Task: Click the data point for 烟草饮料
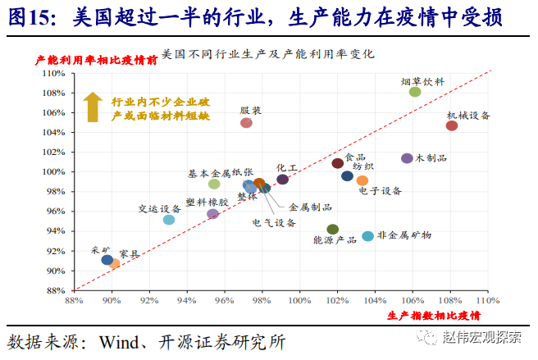pyautogui.click(x=415, y=92)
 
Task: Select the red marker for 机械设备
pyautogui.click(x=452, y=125)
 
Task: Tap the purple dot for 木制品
pyautogui.click(x=407, y=158)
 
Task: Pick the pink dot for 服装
pyautogui.click(x=246, y=123)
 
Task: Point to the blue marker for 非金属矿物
pyautogui.click(x=368, y=236)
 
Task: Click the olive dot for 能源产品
pyautogui.click(x=332, y=230)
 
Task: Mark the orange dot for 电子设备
pyautogui.click(x=362, y=180)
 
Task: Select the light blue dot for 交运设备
pyautogui.click(x=169, y=220)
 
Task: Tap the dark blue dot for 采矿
pyautogui.click(x=107, y=260)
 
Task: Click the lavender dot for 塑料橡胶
pyautogui.click(x=212, y=214)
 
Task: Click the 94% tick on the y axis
pyautogui.click(x=56, y=231)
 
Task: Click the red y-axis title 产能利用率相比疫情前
pyautogui.click(x=96, y=61)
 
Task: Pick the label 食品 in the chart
pyautogui.click(x=355, y=157)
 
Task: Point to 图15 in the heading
pyautogui.click(x=31, y=16)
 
